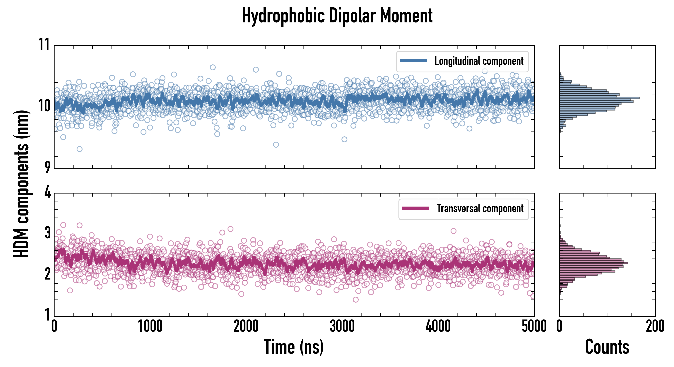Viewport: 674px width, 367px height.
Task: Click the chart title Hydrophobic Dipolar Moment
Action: pyautogui.click(x=337, y=16)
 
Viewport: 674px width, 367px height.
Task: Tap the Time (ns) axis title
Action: pyautogui.click(x=293, y=347)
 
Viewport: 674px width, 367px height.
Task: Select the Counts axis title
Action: pyautogui.click(x=607, y=347)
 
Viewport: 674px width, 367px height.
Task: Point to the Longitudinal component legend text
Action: pyautogui.click(x=479, y=61)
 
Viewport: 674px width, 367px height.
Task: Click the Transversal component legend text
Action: pyautogui.click(x=480, y=208)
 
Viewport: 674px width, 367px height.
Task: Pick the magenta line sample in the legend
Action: pyautogui.click(x=415, y=208)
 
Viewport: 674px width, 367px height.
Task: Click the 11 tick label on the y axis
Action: pyautogui.click(x=44, y=44)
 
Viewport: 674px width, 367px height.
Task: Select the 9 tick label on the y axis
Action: pyautogui.click(x=47, y=167)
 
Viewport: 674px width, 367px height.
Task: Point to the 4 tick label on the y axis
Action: pyautogui.click(x=47, y=192)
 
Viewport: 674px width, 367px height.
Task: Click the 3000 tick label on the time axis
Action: pyautogui.click(x=342, y=326)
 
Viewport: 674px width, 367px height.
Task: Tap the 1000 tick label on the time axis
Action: pyautogui.click(x=150, y=326)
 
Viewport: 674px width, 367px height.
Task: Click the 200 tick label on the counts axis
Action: pyautogui.click(x=655, y=326)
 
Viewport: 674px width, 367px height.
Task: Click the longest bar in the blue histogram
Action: pyautogui.click(x=599, y=98)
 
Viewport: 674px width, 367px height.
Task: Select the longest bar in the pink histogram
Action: pyautogui.click(x=593, y=263)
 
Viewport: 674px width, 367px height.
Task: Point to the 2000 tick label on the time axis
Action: pyautogui.click(x=246, y=326)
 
